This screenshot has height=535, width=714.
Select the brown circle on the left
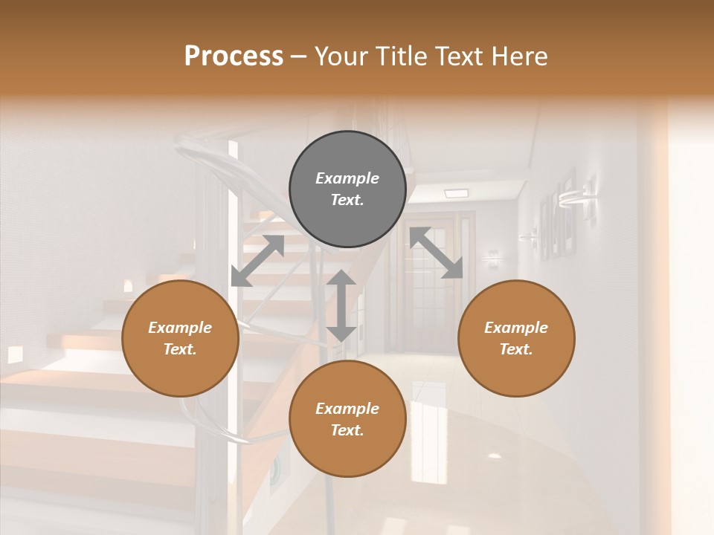180,338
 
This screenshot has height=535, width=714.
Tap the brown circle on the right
516,338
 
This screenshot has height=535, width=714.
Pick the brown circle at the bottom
347,418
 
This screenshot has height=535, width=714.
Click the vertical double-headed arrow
341,305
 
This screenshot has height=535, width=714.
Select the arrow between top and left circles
257,261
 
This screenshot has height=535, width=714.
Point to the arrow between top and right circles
437,253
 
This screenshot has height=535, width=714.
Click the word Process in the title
234,56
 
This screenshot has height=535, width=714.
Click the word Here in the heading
520,56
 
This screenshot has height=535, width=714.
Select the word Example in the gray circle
347,178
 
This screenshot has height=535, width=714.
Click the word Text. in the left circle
180,349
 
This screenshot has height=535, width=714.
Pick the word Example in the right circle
516,328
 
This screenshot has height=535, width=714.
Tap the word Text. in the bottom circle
347,430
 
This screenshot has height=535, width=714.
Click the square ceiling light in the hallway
456,193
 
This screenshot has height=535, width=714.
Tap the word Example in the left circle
180,328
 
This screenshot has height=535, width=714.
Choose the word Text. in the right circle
516,349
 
